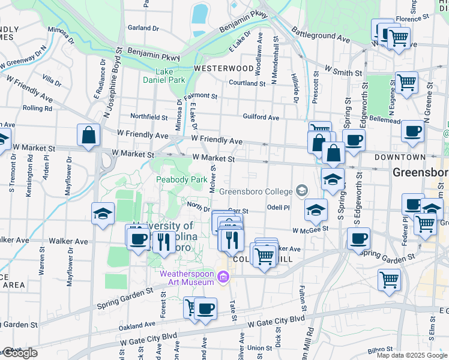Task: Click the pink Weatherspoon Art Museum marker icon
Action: [x=224, y=277]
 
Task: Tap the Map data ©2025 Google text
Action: [x=412, y=355]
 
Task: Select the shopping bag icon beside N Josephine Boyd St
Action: [x=88, y=135]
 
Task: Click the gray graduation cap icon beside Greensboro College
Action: [x=301, y=191]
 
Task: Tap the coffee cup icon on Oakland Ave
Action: [x=205, y=308]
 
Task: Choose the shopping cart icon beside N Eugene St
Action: [x=406, y=83]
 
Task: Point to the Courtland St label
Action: [x=247, y=83]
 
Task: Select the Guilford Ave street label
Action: [x=261, y=118]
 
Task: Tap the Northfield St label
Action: [x=149, y=117]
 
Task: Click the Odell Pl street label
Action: [x=278, y=208]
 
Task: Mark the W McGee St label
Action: [x=311, y=229]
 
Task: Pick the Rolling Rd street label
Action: [x=37, y=109]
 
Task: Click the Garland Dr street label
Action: [x=143, y=28]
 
